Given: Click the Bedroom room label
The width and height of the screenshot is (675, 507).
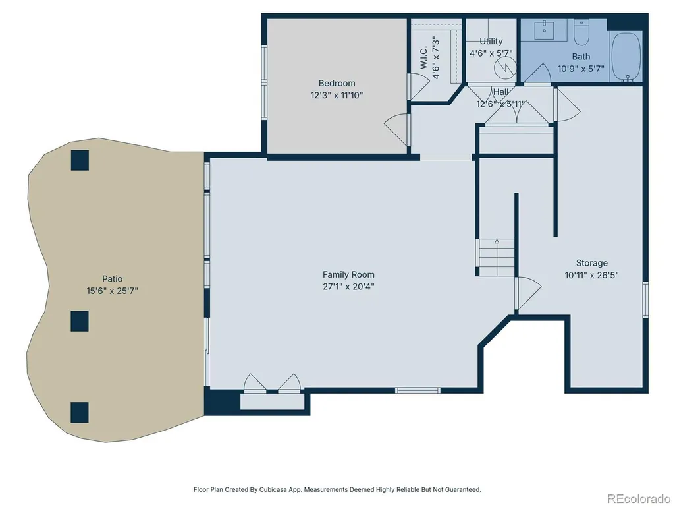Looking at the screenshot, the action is pyautogui.click(x=337, y=83).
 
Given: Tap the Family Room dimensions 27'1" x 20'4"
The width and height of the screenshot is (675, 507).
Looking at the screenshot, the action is pyautogui.click(x=348, y=286).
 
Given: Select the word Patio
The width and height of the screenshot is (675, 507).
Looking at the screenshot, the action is pyautogui.click(x=112, y=278).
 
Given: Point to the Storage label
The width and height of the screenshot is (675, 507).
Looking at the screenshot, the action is pyautogui.click(x=592, y=263).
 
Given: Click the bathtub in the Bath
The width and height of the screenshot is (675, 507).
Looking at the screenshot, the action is pyautogui.click(x=627, y=56).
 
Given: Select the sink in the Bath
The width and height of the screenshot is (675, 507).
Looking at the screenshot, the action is pyautogui.click(x=544, y=29).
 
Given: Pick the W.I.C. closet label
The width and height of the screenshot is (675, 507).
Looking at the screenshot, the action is pyautogui.click(x=423, y=57).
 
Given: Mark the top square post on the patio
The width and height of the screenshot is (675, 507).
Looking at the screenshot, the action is pyautogui.click(x=80, y=160).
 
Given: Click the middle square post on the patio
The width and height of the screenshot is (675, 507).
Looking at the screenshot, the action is pyautogui.click(x=80, y=321).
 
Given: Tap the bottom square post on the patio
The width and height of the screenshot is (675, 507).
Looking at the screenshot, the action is pyautogui.click(x=80, y=413).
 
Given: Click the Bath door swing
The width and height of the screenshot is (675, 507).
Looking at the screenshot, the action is pyautogui.click(x=538, y=73).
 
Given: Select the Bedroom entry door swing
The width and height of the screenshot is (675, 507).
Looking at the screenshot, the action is pyautogui.click(x=396, y=129).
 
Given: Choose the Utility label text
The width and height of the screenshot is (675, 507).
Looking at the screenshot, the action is pyautogui.click(x=491, y=41).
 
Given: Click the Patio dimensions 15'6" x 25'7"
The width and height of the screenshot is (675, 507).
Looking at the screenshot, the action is pyautogui.click(x=112, y=291).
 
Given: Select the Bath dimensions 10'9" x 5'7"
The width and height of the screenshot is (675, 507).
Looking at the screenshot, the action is pyautogui.click(x=581, y=68).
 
